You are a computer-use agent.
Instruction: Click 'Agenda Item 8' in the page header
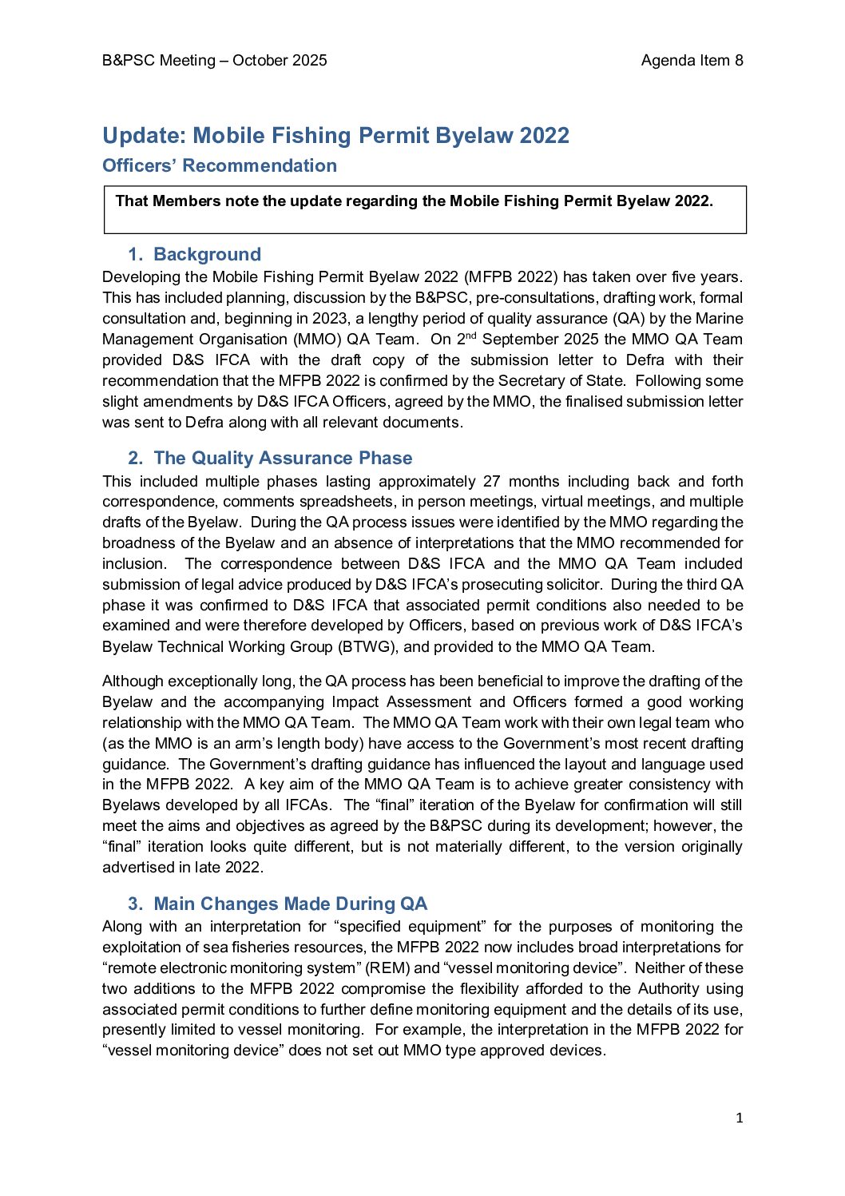[x=692, y=61]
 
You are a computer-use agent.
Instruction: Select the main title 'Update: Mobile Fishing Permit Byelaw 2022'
[x=335, y=136]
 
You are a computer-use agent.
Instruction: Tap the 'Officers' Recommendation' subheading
[x=220, y=166]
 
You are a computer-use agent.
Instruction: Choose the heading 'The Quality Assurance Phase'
[x=283, y=459]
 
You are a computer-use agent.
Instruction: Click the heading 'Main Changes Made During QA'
[x=290, y=904]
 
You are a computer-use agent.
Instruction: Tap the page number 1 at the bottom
[x=739, y=1119]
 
